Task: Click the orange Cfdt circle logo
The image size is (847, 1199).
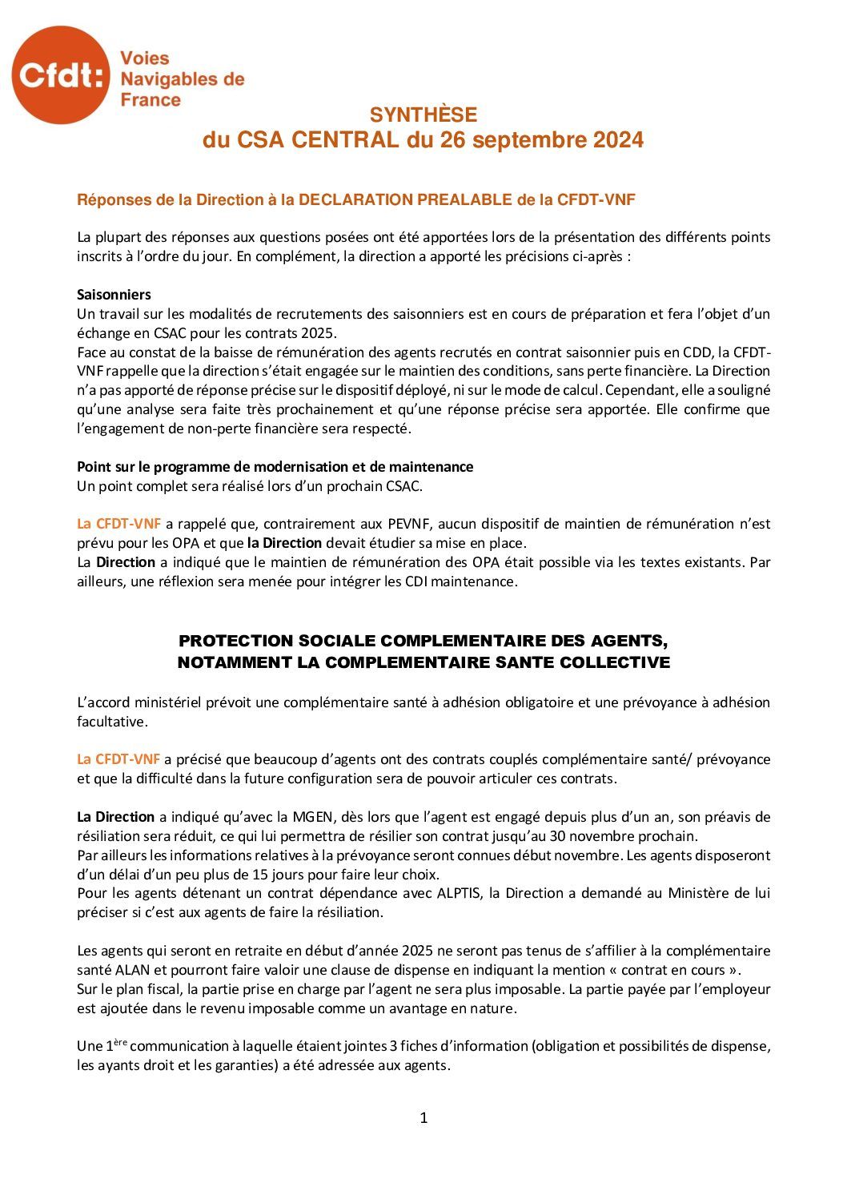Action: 60,75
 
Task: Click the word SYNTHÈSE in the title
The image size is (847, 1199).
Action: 423,115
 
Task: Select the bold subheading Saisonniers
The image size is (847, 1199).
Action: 114,295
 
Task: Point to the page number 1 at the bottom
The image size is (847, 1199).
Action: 423,1118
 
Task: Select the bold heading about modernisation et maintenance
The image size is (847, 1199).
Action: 275,467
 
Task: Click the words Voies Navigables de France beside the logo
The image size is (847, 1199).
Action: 182,78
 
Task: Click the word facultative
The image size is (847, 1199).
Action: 112,722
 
